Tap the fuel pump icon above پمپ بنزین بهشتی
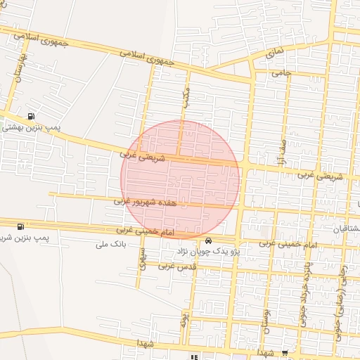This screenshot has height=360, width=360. [x=30, y=117]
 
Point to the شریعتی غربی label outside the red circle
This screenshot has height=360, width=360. [x=313, y=174]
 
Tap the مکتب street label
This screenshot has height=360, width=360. [x=186, y=98]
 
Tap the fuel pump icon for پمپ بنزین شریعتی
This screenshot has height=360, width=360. [x=20, y=227]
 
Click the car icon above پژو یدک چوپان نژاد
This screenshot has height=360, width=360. [x=208, y=240]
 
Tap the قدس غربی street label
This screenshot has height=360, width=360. [x=176, y=267]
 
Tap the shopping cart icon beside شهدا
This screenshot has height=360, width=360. [x=284, y=354]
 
